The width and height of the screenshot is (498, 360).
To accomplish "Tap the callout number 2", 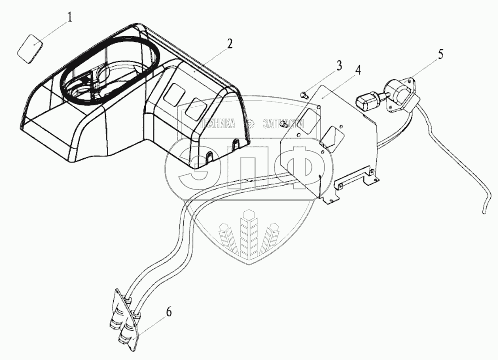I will pyautogui.click(x=230, y=44).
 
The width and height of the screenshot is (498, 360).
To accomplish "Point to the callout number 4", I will pyautogui.click(x=357, y=70).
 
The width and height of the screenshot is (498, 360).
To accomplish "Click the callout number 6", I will pyautogui.click(x=169, y=312).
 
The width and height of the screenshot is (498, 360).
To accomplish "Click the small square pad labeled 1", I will pyautogui.click(x=30, y=50).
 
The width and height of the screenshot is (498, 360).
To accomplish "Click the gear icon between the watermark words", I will pyautogui.click(x=250, y=124).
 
